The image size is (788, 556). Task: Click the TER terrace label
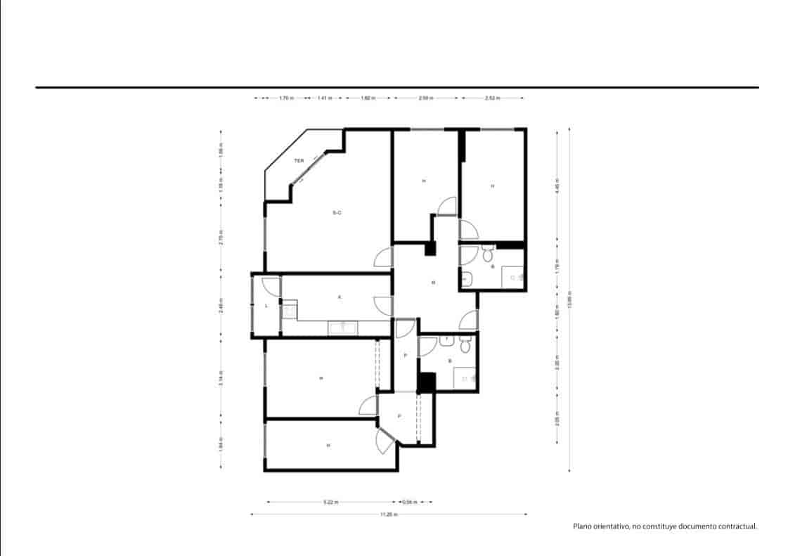(x=299, y=161)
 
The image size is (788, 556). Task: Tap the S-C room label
(x=337, y=213)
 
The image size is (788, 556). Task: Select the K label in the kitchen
(x=340, y=297)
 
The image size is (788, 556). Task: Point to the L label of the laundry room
(x=266, y=306)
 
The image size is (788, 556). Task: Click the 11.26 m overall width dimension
(x=388, y=515)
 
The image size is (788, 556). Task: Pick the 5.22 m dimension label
(x=330, y=503)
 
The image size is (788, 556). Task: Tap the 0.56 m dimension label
(x=409, y=503)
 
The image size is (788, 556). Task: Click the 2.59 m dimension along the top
(x=425, y=98)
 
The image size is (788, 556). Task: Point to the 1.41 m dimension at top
(x=324, y=98)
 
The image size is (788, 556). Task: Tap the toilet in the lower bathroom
(x=465, y=344)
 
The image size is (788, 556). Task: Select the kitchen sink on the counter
(x=344, y=327)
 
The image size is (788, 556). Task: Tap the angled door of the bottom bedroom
(x=384, y=439)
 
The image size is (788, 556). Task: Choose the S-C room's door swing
(x=382, y=258)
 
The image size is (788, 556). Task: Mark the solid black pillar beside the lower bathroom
(x=427, y=382)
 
